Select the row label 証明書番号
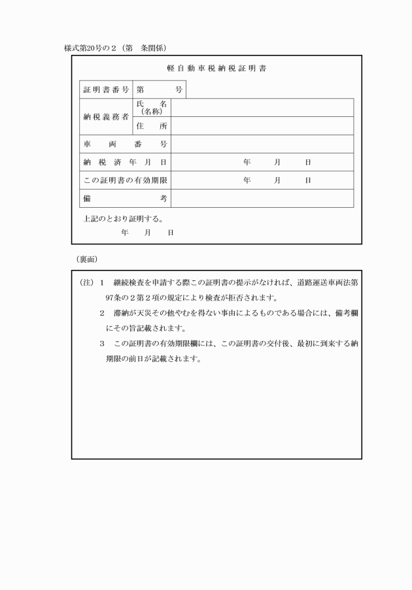[106, 89]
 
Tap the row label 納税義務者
[106, 117]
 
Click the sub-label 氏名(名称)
[152, 108]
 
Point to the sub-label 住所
[152, 125]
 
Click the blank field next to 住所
[262, 125]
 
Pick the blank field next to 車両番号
[262, 144]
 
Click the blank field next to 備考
[262, 198]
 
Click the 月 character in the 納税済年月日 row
[277, 162]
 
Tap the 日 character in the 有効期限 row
[307, 180]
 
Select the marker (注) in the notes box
[86, 283]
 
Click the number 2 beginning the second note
[102, 313]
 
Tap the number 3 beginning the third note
[102, 343]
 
